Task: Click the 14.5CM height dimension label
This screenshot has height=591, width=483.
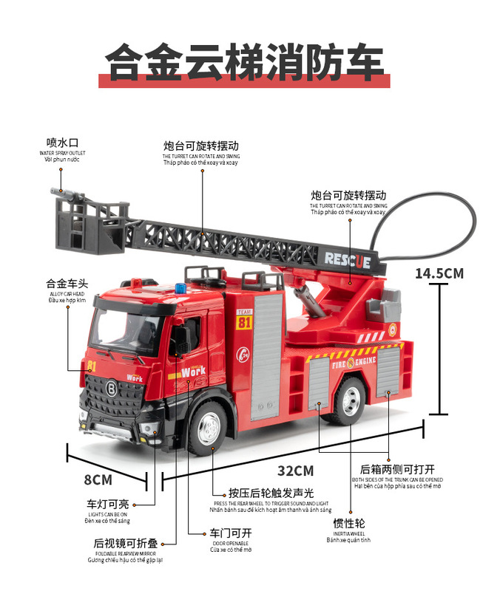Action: coord(439,273)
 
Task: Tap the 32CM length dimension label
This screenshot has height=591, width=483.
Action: coord(296,471)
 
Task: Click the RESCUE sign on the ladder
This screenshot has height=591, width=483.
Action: coord(347,259)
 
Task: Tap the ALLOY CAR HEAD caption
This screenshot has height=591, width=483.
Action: coord(67,293)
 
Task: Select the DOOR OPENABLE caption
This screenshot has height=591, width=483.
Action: coord(230,543)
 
